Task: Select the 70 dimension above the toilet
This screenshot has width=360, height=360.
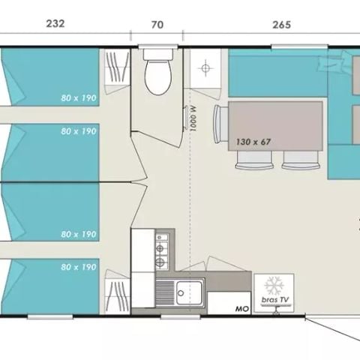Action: [x=157, y=23]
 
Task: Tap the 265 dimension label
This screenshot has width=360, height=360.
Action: [x=281, y=23]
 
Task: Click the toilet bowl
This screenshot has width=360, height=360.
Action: [x=157, y=79]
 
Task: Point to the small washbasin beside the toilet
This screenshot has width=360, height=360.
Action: [x=203, y=68]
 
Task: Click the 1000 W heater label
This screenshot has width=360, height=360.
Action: [x=193, y=118]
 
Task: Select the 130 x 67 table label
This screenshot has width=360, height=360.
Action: [x=253, y=140]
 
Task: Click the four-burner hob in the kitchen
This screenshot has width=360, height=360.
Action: [x=160, y=250]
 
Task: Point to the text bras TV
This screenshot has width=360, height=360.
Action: [x=273, y=301]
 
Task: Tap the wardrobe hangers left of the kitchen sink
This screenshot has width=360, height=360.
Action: [x=117, y=293]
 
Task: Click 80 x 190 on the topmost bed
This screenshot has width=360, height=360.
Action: [x=80, y=97]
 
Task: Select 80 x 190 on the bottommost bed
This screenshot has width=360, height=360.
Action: [x=80, y=266]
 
